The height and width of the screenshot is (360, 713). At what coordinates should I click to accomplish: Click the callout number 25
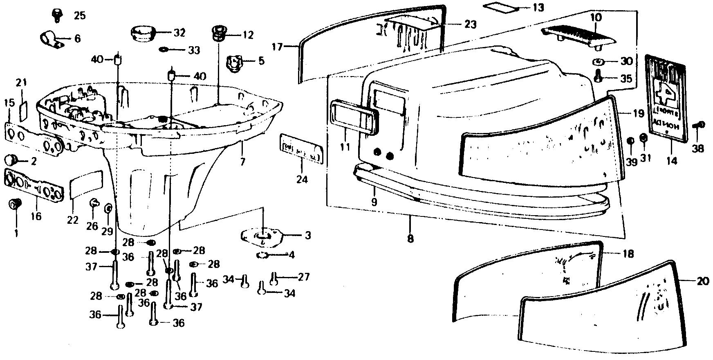coord(79,16)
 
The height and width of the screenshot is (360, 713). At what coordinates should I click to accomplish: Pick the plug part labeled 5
coord(234,63)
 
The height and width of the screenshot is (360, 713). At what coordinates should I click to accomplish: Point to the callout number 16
coord(36,216)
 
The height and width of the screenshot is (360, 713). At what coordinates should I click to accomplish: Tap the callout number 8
coord(410,239)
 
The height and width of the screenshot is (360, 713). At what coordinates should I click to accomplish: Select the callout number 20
coord(703,281)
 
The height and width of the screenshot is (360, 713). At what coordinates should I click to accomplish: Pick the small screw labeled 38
coord(699,125)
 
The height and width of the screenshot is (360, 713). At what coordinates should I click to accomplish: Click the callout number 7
coord(242,162)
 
